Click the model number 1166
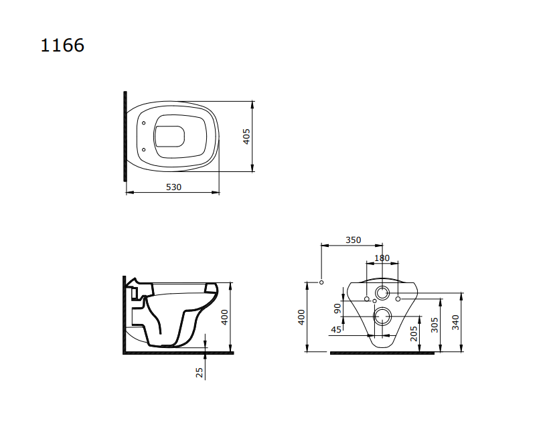(62, 46)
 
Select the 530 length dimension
(173, 187)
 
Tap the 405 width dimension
(246, 137)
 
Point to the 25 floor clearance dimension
(199, 373)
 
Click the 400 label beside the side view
(225, 317)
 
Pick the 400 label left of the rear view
(301, 317)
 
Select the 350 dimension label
(353, 240)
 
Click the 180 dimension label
(382, 258)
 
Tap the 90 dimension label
(337, 309)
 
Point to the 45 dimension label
(336, 330)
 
